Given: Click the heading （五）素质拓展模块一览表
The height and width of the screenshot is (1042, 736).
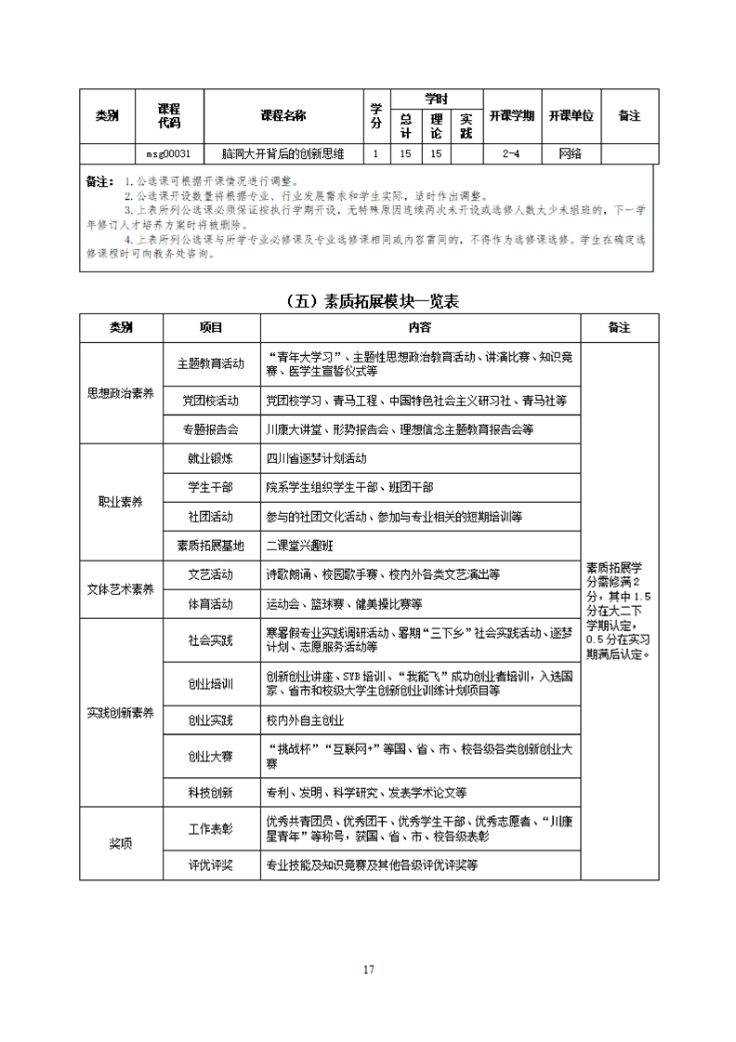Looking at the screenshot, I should coord(369,301).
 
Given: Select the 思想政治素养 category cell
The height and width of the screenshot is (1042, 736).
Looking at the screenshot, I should coord(121,393).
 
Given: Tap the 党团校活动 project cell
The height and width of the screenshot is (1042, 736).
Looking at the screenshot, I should coord(212,401).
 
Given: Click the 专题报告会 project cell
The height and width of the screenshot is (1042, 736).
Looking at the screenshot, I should coord(212,429).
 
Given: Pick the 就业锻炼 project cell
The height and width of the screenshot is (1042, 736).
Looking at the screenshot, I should coord(212,458).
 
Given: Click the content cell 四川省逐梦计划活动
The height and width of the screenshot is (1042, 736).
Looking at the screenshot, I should coord(317,458).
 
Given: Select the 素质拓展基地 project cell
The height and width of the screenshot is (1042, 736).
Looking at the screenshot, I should coord(212,545).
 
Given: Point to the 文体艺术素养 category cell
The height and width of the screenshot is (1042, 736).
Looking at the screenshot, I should coord(121,589).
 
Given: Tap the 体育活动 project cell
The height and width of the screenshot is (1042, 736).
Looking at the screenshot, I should coord(212,604).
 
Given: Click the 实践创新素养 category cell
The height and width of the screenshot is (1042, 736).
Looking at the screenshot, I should coord(121,713).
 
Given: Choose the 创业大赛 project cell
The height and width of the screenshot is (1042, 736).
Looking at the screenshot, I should coord(212,756).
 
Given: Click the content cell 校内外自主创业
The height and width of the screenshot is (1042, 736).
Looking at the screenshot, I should coord(306,720).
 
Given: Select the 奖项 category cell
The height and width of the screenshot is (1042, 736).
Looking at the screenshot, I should coord(121,844).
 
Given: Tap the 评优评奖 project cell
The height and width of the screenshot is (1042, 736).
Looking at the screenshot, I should coord(212,865).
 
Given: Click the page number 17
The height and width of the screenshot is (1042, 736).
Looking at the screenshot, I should coord(369,969).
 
